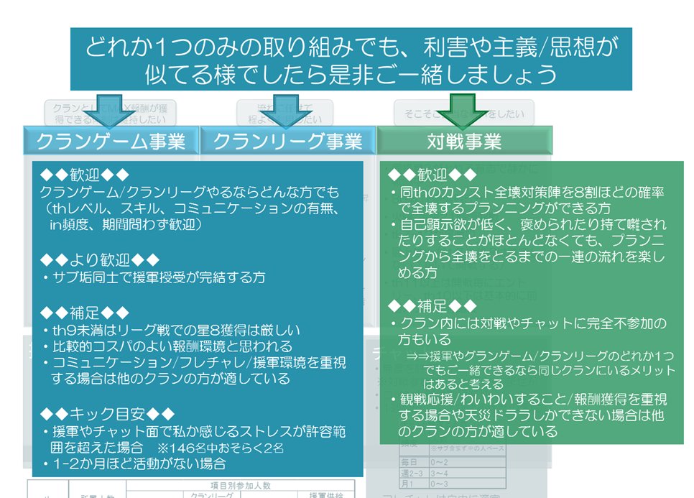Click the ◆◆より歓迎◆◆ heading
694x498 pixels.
click(99, 259)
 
